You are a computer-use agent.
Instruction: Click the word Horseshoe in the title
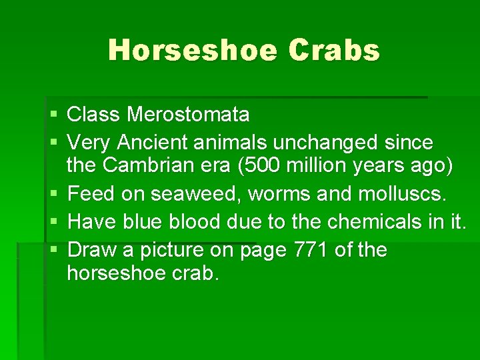(192, 51)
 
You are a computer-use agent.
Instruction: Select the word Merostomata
(188, 115)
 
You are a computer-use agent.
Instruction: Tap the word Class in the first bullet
(94, 115)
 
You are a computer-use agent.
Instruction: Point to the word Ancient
(151, 142)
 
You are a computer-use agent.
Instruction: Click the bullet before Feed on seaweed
(54, 195)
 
